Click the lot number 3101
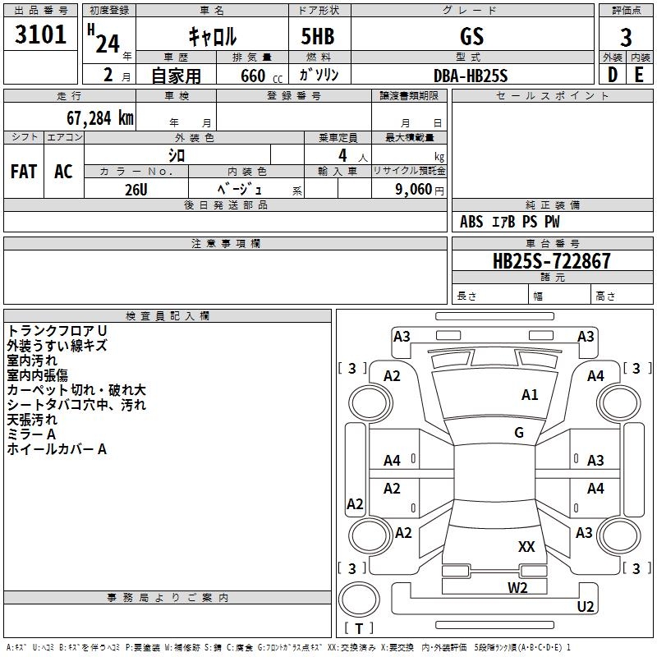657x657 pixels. [40, 34]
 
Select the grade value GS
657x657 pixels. [471, 36]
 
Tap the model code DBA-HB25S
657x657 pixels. [471, 76]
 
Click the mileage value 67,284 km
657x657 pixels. [99, 118]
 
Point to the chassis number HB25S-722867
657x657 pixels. [552, 261]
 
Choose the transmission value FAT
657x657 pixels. [24, 172]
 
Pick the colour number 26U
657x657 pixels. [136, 190]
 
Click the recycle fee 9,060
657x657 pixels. [414, 189]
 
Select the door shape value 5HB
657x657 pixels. [318, 36]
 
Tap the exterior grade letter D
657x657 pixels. [613, 75]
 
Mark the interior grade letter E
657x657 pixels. [639, 75]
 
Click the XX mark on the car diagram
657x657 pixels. [526, 546]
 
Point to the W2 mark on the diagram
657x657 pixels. [517, 587]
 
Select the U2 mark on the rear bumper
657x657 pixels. [586, 606]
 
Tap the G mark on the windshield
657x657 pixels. [519, 432]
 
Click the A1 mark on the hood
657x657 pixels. [530, 394]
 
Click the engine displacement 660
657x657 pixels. [253, 76]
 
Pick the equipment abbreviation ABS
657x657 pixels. [471, 222]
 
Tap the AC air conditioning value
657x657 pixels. [64, 172]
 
